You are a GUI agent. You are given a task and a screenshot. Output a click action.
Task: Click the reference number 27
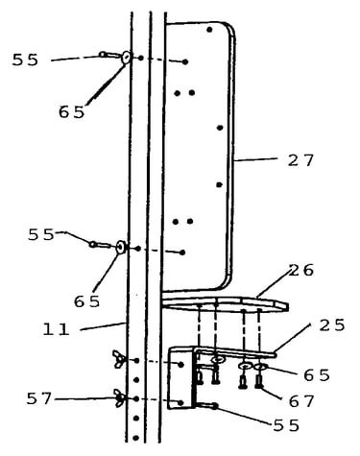pyautogui.click(x=300, y=160)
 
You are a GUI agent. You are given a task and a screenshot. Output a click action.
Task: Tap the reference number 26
pyautogui.click(x=301, y=270)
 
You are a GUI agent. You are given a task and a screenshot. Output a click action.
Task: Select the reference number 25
pyautogui.click(x=332, y=324)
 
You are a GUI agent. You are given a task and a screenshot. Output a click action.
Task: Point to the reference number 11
pyautogui.click(x=57, y=329)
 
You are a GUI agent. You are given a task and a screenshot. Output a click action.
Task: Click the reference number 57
pyautogui.click(x=38, y=398)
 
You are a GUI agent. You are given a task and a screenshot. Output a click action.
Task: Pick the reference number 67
pyautogui.click(x=301, y=401)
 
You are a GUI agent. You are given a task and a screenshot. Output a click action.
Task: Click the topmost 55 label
pyautogui.click(x=25, y=60)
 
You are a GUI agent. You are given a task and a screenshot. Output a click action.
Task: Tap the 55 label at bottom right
pyautogui.click(x=286, y=425)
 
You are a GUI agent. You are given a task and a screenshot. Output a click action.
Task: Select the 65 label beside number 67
pyautogui.click(x=317, y=375)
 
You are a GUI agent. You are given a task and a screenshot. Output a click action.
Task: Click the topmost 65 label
pyautogui.click(x=72, y=112)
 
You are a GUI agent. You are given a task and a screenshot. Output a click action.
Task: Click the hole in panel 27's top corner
pyautogui.click(x=209, y=30)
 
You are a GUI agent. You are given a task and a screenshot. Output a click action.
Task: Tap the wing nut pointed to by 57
pyautogui.click(x=119, y=398)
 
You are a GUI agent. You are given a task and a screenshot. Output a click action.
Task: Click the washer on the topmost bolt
pyautogui.click(x=126, y=58)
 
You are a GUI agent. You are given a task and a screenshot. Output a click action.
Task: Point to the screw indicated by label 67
pyautogui.click(x=258, y=381)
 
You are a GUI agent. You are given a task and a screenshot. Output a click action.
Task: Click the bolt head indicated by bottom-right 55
pyautogui.click(x=214, y=406)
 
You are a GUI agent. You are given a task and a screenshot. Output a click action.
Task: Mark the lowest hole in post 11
pyautogui.click(x=135, y=438)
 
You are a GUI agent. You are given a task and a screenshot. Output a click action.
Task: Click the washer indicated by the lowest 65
pyautogui.click(x=261, y=367)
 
